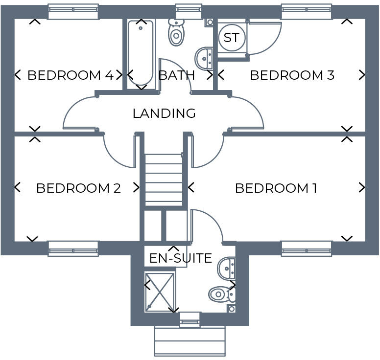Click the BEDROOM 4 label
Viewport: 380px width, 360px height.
(x=71, y=75)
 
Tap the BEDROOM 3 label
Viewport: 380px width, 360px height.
(x=292, y=75)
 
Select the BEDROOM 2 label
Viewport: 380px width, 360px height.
(x=78, y=188)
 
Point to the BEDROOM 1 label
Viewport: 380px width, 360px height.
(x=276, y=188)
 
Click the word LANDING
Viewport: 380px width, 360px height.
(x=164, y=113)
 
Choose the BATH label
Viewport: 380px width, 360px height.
(x=177, y=75)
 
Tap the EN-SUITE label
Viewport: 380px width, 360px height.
(x=180, y=258)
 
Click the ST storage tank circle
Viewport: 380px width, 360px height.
(x=232, y=37)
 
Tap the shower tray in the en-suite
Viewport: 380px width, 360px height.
(x=160, y=292)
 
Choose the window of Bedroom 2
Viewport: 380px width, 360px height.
(x=73, y=248)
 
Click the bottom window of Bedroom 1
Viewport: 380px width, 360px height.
(x=307, y=248)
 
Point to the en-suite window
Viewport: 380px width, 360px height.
(x=190, y=320)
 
